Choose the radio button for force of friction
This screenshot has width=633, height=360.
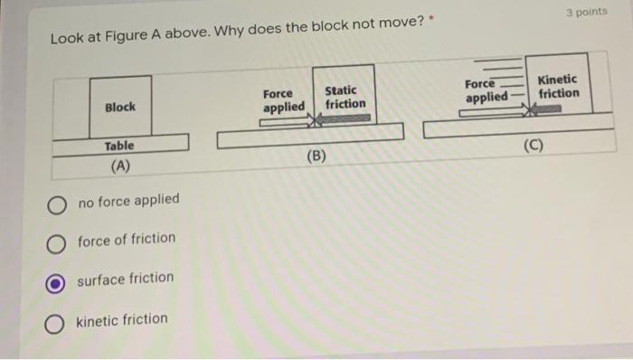point(57,242)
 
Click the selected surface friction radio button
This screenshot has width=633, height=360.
point(56,281)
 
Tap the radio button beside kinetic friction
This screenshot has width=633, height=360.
point(56,322)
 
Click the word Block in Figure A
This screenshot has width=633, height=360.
point(120,107)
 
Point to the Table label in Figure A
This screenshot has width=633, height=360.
point(118,146)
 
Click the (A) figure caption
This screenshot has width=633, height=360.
point(119,166)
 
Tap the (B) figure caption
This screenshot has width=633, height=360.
point(316,155)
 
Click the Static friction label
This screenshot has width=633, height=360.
point(345,98)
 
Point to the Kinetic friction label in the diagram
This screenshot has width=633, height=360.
point(558,86)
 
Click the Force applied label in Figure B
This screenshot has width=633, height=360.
point(283,100)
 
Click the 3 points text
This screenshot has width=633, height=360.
point(586,14)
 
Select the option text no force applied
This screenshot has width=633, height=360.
point(128,200)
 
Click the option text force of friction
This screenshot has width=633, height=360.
point(127,239)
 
